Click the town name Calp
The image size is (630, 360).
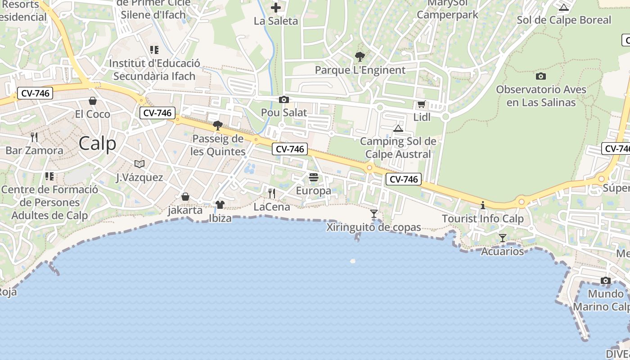tap(97, 144)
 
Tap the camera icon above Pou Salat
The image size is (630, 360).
tap(284, 99)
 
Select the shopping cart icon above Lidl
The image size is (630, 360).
tap(422, 104)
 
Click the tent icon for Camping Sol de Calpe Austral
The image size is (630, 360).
tap(398, 129)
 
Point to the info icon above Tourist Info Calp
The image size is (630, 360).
tap(483, 205)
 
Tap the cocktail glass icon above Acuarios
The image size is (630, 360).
tap(503, 238)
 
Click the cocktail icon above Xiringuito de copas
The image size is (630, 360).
tap(374, 214)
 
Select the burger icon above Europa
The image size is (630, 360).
tap(314, 177)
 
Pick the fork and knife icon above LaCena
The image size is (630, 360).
tap(272, 193)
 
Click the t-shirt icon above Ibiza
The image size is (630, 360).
tap(220, 205)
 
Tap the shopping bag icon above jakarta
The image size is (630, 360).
tap(185, 197)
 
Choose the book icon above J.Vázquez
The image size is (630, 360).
tap(139, 164)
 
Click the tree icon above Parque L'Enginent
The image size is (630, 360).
tap(360, 57)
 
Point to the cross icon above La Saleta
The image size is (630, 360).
tap(276, 8)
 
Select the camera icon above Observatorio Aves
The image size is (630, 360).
tap(541, 76)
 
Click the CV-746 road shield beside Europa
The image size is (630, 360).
tap(290, 149)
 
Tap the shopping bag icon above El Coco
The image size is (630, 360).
tap(93, 101)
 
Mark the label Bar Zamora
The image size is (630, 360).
tap(34, 150)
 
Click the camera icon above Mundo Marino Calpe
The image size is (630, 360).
tap(606, 281)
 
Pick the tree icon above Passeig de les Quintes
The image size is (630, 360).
tap(218, 126)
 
